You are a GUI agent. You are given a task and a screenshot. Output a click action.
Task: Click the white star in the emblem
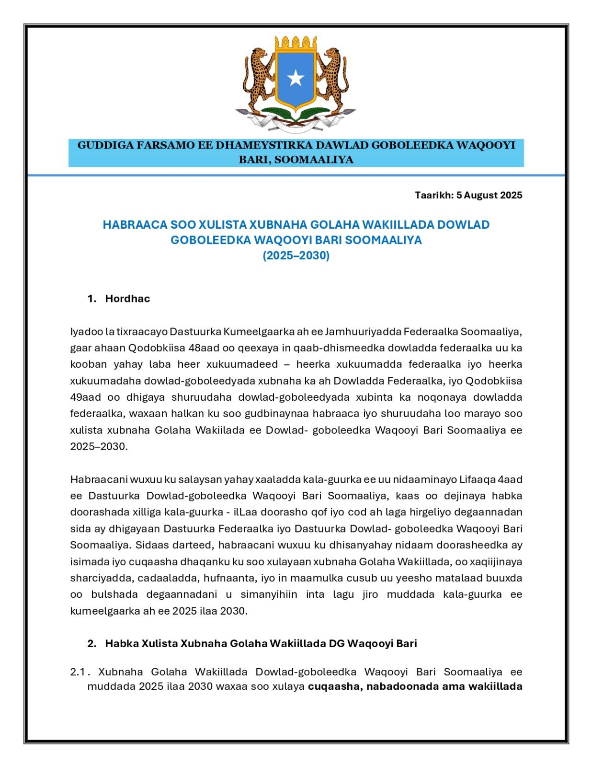[296, 78]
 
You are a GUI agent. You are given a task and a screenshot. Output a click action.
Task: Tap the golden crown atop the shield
[296, 44]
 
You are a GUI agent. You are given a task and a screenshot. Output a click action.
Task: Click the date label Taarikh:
[434, 195]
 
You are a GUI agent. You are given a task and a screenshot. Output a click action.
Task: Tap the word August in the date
[480, 195]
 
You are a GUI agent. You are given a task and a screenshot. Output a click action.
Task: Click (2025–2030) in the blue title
[296, 256]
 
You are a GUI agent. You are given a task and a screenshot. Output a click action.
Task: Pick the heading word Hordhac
[127, 299]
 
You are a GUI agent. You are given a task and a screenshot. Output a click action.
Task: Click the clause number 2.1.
[78, 672]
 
